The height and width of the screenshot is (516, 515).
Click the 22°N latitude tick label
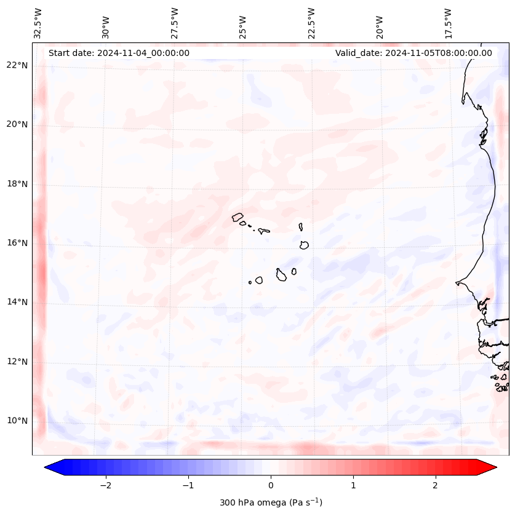18,65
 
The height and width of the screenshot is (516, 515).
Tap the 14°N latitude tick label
18,302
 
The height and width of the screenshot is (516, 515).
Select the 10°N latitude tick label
18,421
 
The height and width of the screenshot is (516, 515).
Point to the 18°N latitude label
18,184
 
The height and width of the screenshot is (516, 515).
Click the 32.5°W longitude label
38,23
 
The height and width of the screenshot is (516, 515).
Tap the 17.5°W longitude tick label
448,23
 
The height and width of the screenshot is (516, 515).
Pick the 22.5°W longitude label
311,23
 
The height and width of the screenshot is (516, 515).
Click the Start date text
119,53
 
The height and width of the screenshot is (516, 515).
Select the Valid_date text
413,53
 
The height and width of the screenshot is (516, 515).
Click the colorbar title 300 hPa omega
271,502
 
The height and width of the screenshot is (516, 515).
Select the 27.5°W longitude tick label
175,23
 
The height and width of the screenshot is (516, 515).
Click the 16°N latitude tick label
18,243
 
